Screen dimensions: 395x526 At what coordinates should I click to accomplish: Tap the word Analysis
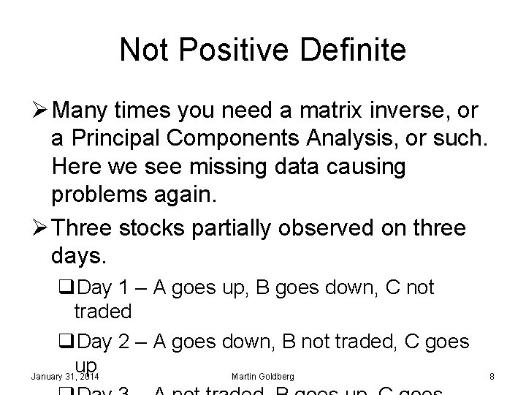click(382, 139)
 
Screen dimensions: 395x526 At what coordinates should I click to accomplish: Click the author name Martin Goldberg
click(262, 377)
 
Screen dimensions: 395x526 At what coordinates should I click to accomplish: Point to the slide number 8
click(492, 377)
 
